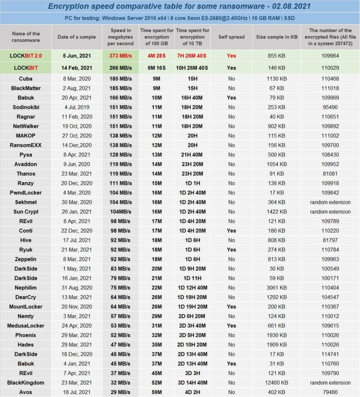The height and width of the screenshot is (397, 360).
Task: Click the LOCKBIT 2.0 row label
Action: pyautogui.click(x=26, y=56)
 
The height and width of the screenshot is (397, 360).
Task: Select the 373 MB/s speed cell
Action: pyautogui.click(x=121, y=56)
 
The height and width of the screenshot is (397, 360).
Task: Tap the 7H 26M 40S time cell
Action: pyautogui.click(x=192, y=56)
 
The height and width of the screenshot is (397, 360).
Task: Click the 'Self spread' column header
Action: pyautogui.click(x=231, y=37)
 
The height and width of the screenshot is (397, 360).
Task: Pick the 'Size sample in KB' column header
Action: pyautogui.click(x=277, y=37)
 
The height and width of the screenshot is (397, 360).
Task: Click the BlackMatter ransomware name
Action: pyautogui.click(x=26, y=88)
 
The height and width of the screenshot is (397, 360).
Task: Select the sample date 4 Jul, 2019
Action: pyautogui.click(x=77, y=107)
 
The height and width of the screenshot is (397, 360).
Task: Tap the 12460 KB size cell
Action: pyautogui.click(x=277, y=383)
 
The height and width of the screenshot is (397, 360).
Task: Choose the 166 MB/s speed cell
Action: pyautogui.click(x=121, y=98)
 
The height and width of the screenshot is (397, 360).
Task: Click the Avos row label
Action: pyautogui.click(x=26, y=392)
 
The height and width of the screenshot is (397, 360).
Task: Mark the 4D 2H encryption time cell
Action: pyautogui.click(x=192, y=392)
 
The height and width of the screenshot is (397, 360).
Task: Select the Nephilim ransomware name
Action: pyautogui.click(x=26, y=288)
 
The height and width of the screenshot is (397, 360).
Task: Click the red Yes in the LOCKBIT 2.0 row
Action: pyautogui.click(x=231, y=56)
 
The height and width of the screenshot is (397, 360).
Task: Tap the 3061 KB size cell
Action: pyautogui.click(x=277, y=288)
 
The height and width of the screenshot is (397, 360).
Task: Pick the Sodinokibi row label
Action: pyautogui.click(x=26, y=107)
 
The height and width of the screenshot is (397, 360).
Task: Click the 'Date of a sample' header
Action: pyautogui.click(x=77, y=37)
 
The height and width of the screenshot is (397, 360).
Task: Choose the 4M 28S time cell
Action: pyautogui.click(x=157, y=56)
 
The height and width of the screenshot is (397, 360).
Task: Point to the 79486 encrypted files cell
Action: pyautogui.click(x=330, y=392)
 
